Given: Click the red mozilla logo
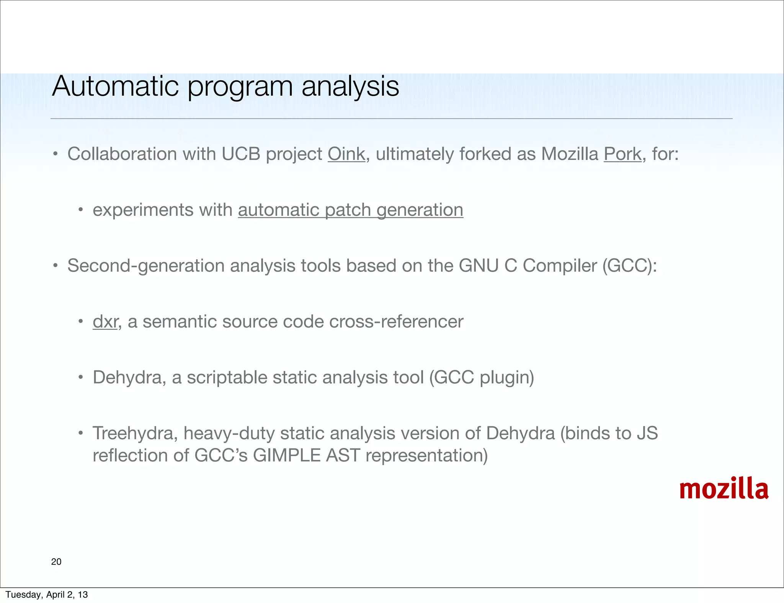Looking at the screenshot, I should [724, 489].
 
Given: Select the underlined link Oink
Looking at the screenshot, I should [346, 154].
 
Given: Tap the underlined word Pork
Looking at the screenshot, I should [622, 154].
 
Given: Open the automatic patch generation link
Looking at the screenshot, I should [350, 210].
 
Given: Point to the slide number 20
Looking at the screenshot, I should [56, 562].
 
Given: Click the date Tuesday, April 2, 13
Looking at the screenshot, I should [47, 595].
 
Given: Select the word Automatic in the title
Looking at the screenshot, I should [115, 86].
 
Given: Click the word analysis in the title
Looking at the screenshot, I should [350, 86].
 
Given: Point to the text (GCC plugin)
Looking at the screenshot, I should [481, 378].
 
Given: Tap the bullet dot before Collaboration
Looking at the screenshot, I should [56, 155].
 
